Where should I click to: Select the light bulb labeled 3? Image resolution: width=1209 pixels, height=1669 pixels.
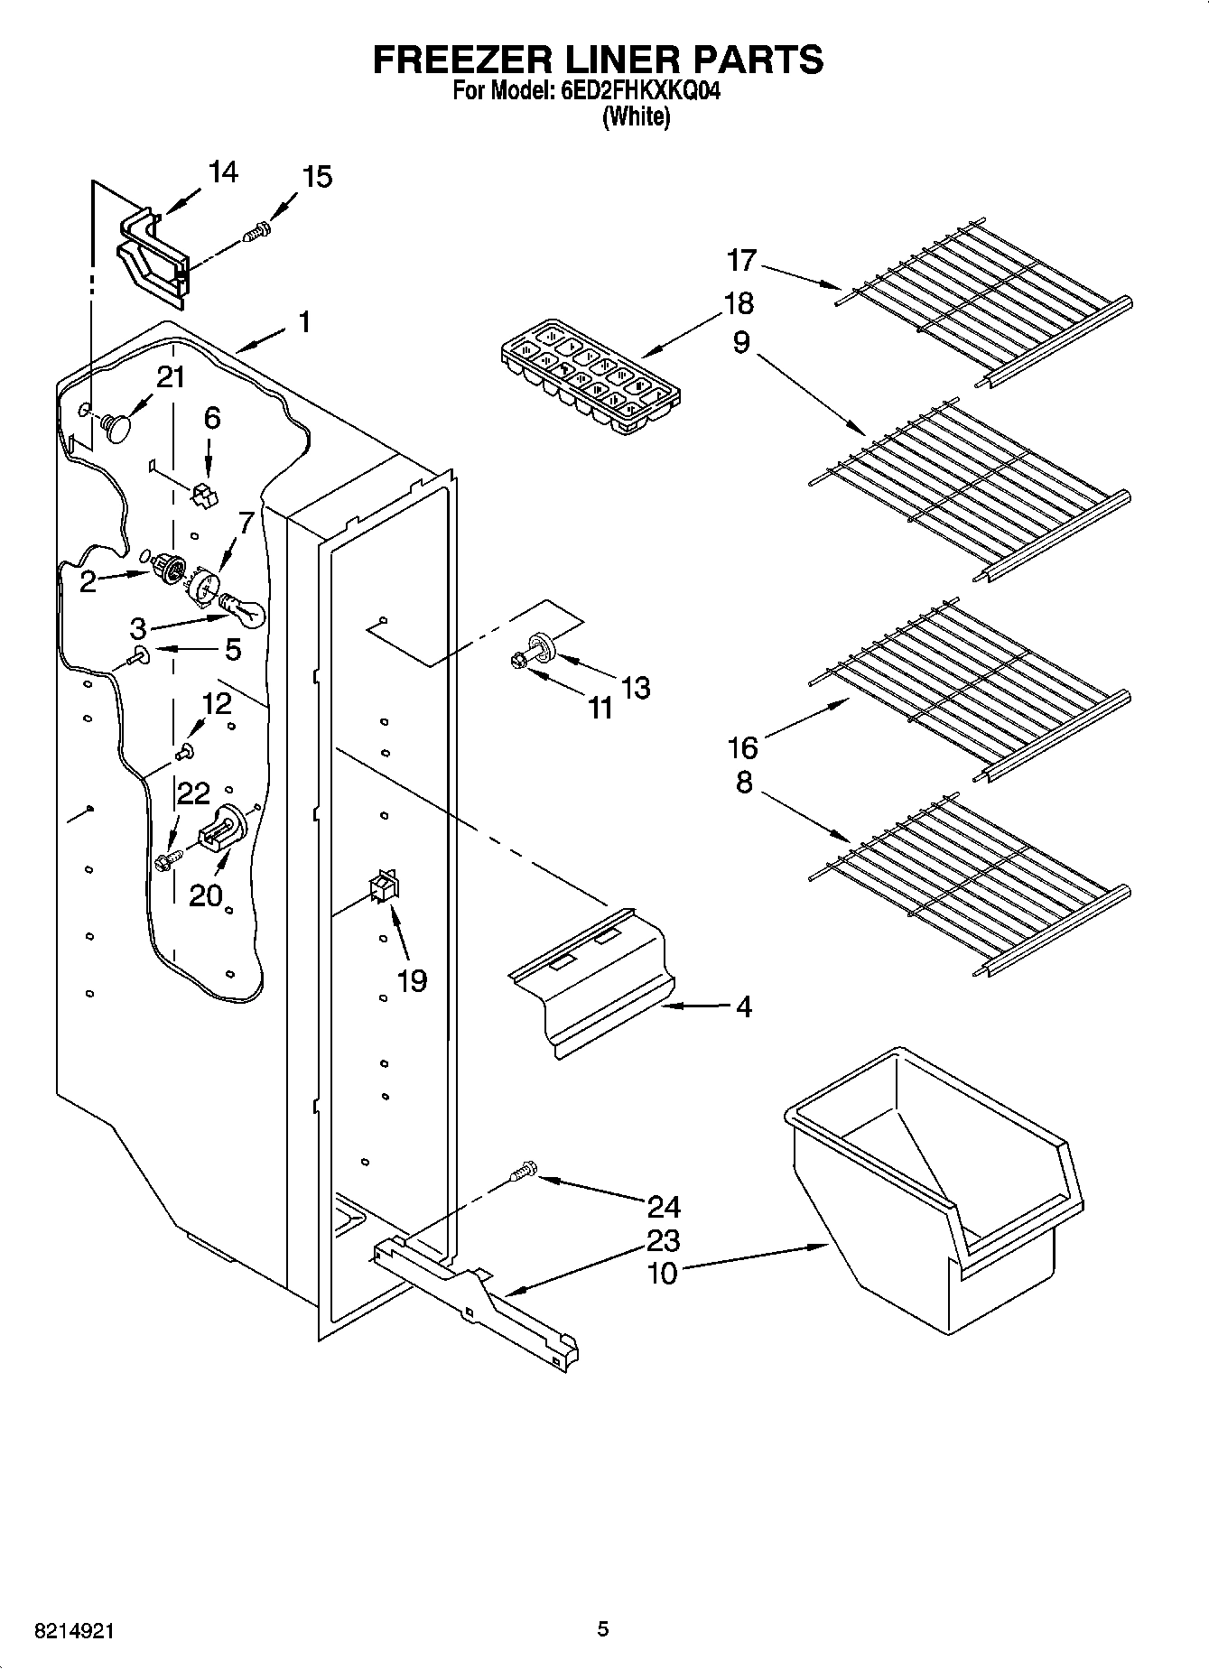[244, 609]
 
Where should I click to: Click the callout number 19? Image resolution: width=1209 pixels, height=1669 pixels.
[412, 980]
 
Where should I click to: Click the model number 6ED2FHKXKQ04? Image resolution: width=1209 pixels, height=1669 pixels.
[634, 91]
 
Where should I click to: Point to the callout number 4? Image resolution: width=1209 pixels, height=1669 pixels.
[743, 1006]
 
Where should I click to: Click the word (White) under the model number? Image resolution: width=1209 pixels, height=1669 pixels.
[637, 116]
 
